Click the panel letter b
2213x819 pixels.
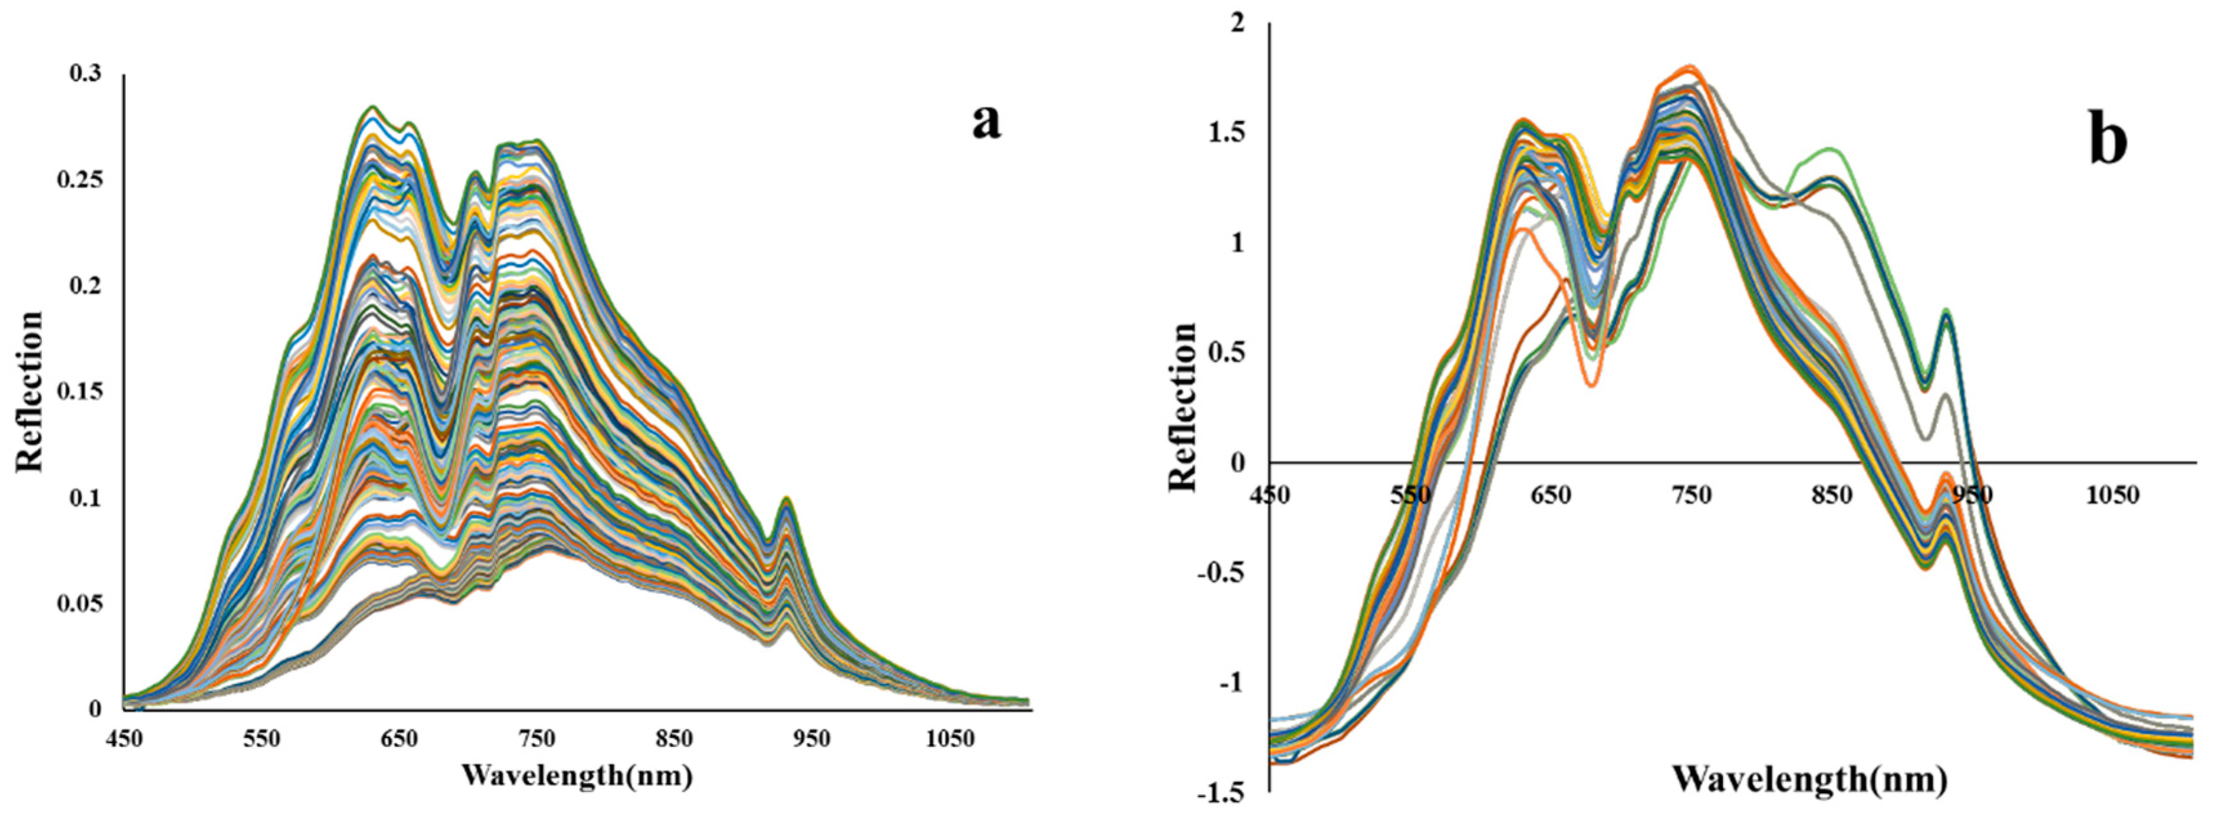tap(2107, 141)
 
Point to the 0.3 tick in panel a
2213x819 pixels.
tap(85, 74)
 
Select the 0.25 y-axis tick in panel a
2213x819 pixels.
tap(80, 179)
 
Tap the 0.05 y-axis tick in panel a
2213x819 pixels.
tap(80, 603)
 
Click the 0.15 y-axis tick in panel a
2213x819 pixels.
tap(80, 391)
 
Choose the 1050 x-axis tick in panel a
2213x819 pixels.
tap(949, 739)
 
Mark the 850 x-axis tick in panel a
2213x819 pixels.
tap(674, 739)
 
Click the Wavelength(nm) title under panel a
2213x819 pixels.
tap(576, 775)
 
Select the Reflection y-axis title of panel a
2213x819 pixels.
tap(29, 391)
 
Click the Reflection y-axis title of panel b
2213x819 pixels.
tap(1183, 407)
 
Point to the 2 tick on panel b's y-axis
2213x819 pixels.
tap(1237, 23)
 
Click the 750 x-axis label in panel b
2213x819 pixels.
tap(1691, 495)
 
